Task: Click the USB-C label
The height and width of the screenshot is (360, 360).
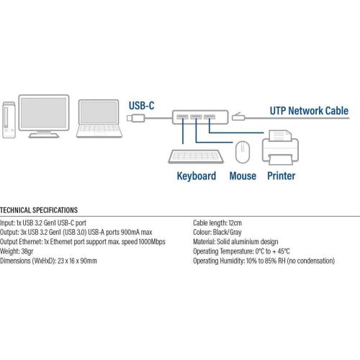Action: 141,106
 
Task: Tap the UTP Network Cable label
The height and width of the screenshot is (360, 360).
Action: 309,111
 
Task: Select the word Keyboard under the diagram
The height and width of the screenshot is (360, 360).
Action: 197,176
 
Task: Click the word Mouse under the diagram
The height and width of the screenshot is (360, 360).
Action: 243,176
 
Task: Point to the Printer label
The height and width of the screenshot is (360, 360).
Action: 282,176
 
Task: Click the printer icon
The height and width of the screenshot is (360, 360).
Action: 280,148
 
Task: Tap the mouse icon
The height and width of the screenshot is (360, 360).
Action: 243,152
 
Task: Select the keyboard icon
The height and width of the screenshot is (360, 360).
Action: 196,156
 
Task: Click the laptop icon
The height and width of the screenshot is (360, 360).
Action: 99,119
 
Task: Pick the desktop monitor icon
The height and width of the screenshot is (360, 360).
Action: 44,116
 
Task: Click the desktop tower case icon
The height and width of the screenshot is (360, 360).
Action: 9,120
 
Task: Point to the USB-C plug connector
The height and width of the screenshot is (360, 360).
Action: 136,118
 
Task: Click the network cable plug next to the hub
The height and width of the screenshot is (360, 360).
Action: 238,117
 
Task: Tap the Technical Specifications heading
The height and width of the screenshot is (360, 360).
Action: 39,210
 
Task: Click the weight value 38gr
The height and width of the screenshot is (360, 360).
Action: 27,251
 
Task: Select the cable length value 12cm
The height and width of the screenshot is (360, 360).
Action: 235,223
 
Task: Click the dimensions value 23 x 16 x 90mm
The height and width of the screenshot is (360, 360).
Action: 77,261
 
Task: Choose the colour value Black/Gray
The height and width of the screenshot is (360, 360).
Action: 227,233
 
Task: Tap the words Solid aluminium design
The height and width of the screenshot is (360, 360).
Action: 248,242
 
